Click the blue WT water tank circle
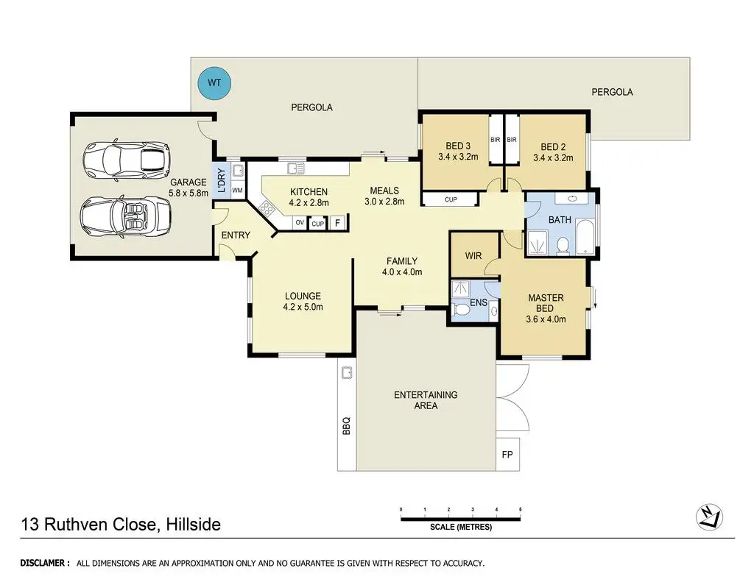(214, 83)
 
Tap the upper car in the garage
(127, 159)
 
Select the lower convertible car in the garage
(125, 216)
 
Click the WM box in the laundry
(238, 191)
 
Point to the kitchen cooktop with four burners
(265, 208)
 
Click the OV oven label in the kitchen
(300, 222)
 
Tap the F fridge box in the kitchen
(337, 222)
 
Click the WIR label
(473, 255)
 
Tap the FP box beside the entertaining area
(507, 454)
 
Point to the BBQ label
(346, 426)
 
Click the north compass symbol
(709, 517)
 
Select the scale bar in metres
(461, 519)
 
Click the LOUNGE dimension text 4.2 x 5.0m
(303, 307)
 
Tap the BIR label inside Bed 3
(496, 140)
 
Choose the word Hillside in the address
(194, 524)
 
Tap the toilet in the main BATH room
(563, 245)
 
